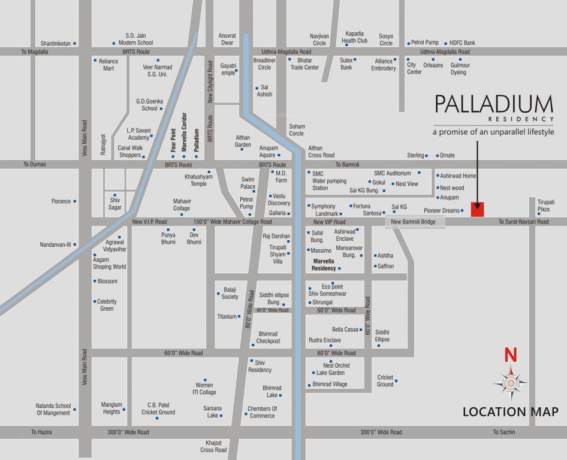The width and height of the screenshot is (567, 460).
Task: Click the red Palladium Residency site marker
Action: pos(478,210)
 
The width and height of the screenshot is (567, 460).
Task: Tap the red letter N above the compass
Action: pos(510,355)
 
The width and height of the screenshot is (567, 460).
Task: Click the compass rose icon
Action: pos(510,383)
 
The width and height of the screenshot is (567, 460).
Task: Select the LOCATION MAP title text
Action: pos(510,411)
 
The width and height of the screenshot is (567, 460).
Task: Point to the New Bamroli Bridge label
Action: pos(415,222)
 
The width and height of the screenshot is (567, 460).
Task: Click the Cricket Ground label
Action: pos(385,381)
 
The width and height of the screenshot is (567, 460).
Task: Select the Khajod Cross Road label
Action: pos(213,446)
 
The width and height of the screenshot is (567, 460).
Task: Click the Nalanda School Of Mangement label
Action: pos(53,409)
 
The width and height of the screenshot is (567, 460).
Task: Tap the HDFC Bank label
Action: pos(462,43)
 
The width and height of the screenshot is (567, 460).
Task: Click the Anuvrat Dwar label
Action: pos(227,39)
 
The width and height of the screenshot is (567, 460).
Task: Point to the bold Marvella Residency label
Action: pos(324,265)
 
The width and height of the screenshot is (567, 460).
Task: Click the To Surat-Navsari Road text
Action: pos(523,222)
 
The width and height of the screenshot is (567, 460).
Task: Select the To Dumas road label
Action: pos(34,164)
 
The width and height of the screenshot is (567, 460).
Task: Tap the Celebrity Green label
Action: pos(107,305)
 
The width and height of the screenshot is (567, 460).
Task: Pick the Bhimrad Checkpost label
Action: pos(268,337)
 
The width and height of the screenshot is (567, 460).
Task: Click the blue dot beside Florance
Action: pos(75,201)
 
